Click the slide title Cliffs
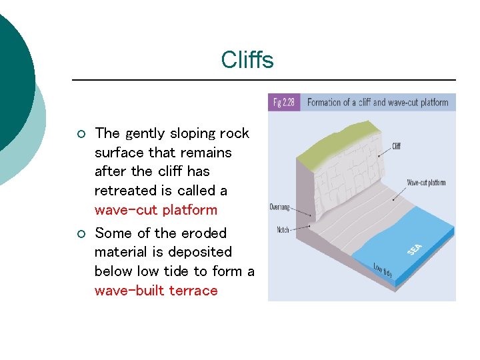coord(247,61)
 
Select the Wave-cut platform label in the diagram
coord(427,182)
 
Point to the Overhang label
coord(280,207)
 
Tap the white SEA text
coord(415,249)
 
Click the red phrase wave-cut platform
coord(156,210)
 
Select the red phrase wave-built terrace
coord(156,291)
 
